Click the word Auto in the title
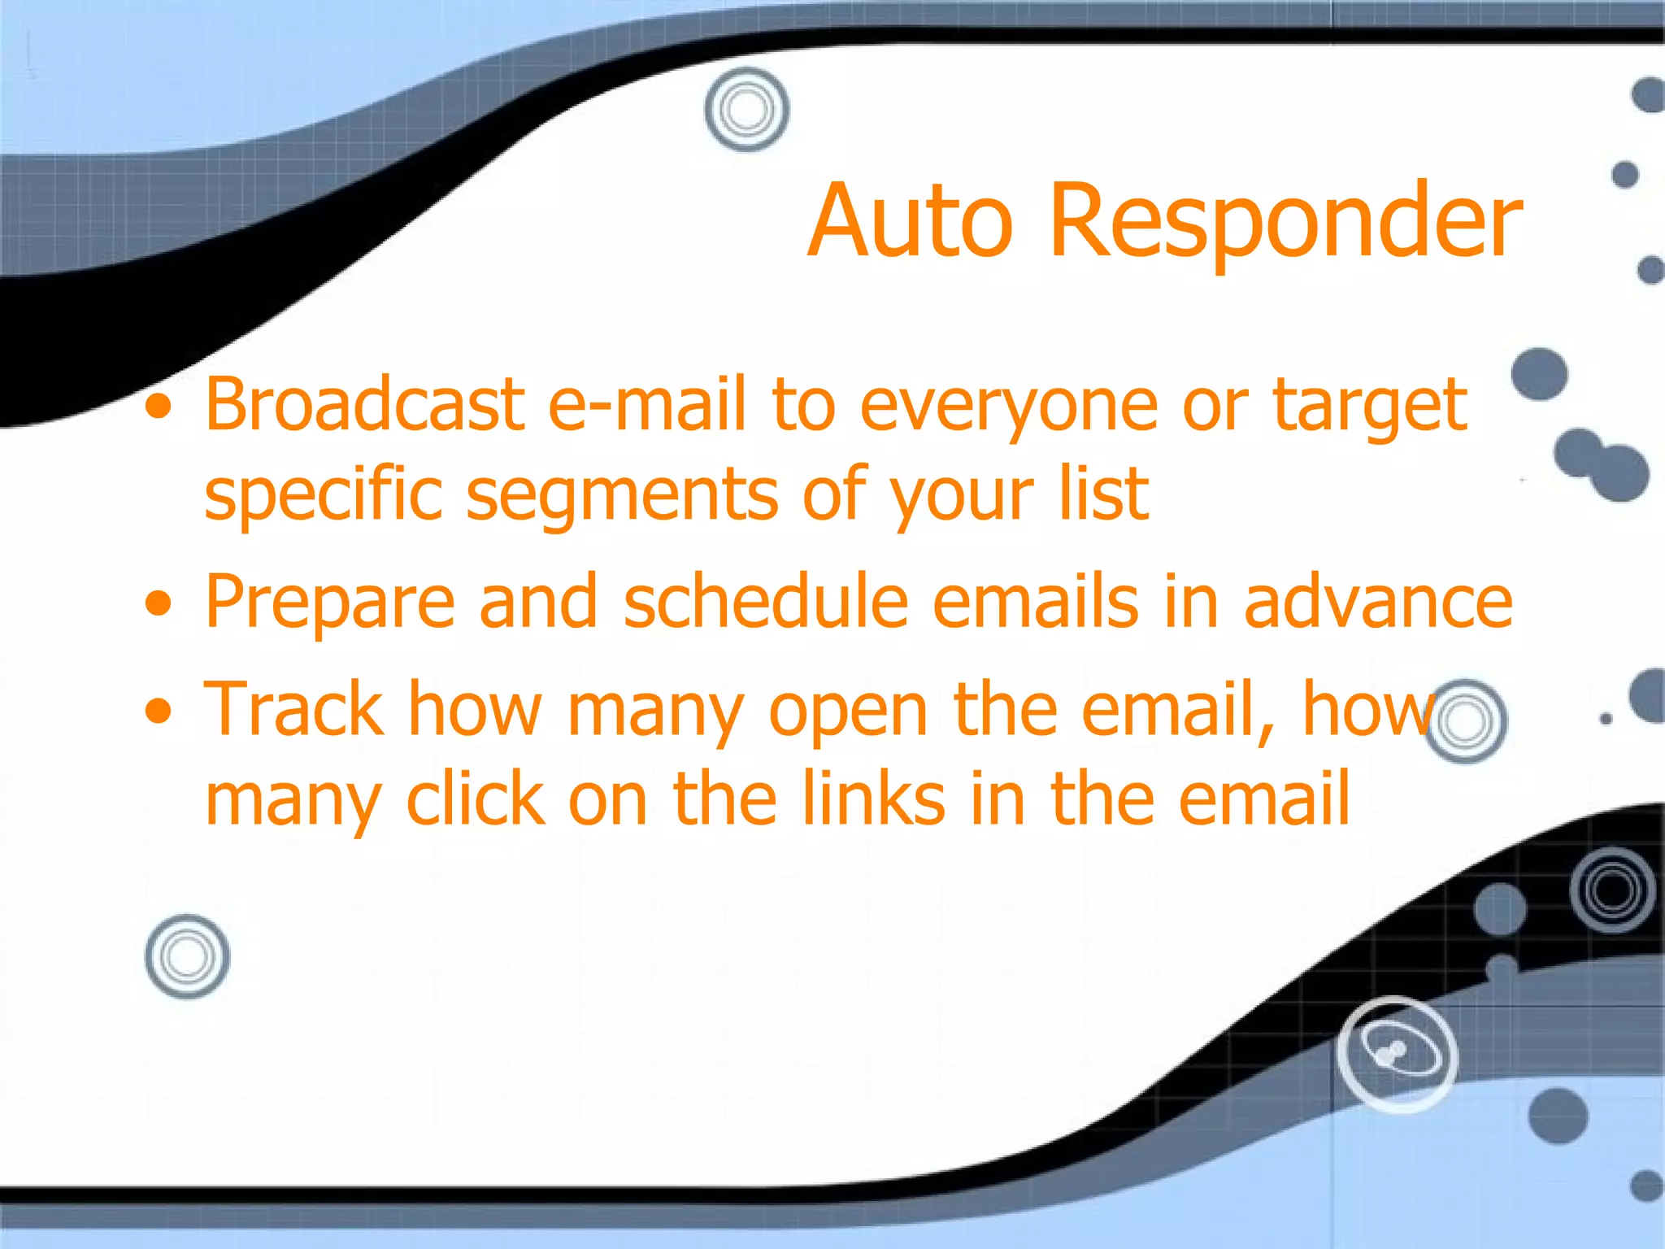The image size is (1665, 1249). pyautogui.click(x=911, y=221)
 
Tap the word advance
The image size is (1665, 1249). pyautogui.click(x=1378, y=603)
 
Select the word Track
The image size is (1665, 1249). pyautogui.click(x=293, y=709)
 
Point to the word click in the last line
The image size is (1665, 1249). pyautogui.click(x=476, y=799)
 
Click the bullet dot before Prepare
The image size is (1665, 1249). pyautogui.click(x=159, y=604)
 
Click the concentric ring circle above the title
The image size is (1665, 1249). pyautogui.click(x=746, y=109)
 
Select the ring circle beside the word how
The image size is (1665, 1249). pyautogui.click(x=1466, y=721)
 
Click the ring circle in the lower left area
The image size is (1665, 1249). pyautogui.click(x=187, y=956)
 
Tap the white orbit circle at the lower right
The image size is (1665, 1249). pyautogui.click(x=1397, y=1054)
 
